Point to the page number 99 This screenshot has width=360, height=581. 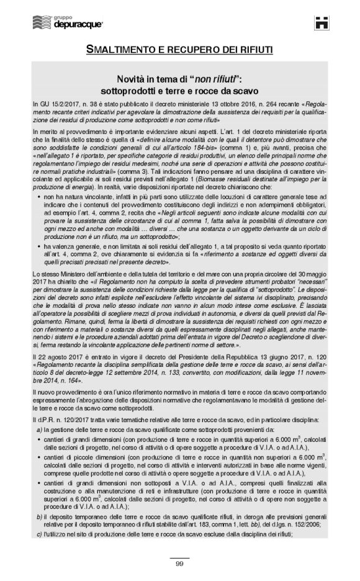click(x=179, y=564)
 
